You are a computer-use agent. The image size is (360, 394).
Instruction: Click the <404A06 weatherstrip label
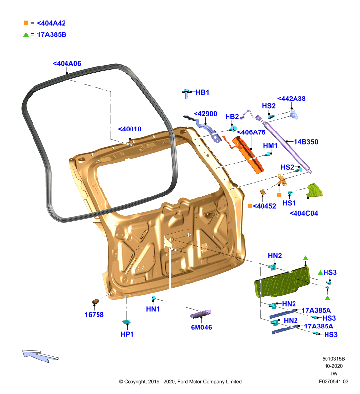click(x=67, y=64)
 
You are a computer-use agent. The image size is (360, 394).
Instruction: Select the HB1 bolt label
click(x=202, y=92)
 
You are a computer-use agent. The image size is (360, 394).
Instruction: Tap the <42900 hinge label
click(x=205, y=114)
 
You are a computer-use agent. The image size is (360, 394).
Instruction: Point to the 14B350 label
click(x=306, y=142)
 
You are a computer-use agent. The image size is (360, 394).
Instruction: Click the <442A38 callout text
click(x=291, y=98)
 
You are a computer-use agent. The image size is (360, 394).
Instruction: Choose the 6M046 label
click(x=201, y=327)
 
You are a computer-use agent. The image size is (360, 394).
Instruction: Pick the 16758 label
click(x=94, y=315)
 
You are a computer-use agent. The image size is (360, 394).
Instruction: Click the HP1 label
click(x=127, y=334)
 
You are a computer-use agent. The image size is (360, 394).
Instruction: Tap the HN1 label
click(x=153, y=309)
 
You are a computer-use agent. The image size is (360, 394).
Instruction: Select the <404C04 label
click(x=304, y=213)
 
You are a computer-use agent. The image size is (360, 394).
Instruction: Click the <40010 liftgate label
click(x=130, y=129)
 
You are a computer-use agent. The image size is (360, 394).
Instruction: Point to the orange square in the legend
click(x=26, y=23)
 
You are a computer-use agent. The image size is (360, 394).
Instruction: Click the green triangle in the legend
click(x=26, y=34)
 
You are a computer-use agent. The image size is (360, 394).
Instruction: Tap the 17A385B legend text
click(x=52, y=34)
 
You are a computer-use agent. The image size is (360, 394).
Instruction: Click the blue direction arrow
click(x=40, y=356)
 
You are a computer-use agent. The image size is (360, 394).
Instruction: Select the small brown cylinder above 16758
click(x=96, y=301)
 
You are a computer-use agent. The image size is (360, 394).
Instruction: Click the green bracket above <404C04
click(x=314, y=191)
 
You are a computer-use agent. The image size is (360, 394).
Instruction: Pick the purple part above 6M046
click(x=200, y=314)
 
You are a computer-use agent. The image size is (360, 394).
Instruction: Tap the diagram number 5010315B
click(x=333, y=359)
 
